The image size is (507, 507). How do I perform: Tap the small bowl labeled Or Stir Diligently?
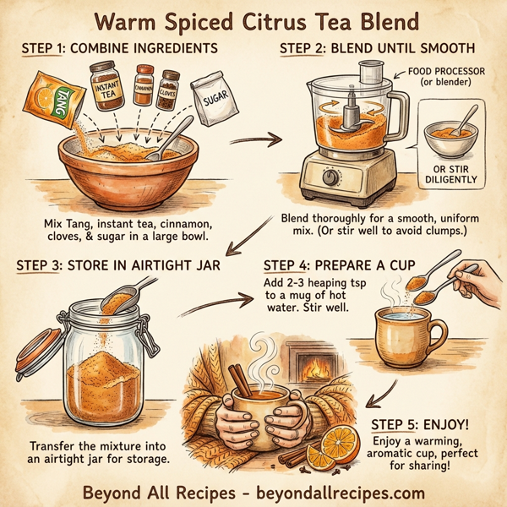pos(449,139)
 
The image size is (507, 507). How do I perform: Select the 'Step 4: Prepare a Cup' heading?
pos(339,266)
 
